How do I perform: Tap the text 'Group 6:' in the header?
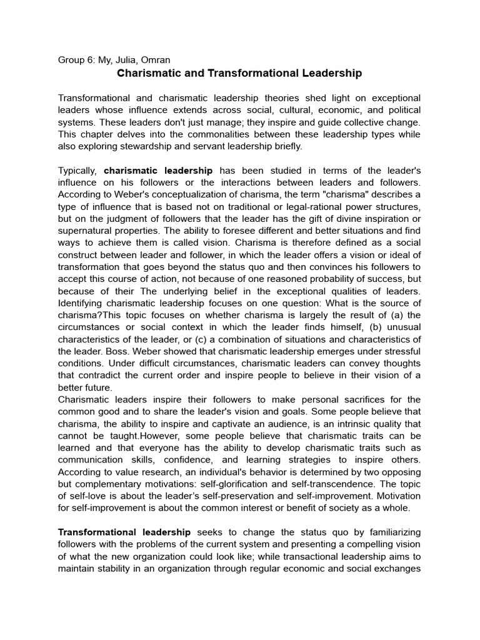pos(76,60)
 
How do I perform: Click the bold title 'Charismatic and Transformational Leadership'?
pos(239,73)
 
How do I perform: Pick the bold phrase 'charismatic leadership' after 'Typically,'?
pos(158,171)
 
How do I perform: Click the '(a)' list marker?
pos(397,316)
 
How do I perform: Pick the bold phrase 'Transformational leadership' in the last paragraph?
pos(124,532)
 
